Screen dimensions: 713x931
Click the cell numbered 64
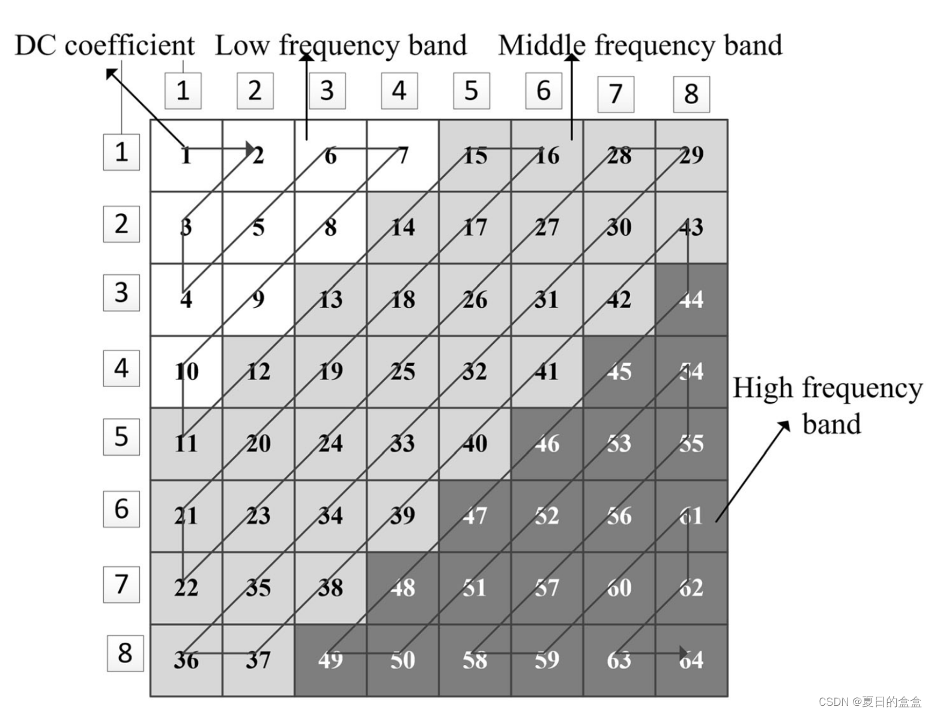coord(691,659)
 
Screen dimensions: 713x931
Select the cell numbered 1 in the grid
coord(186,156)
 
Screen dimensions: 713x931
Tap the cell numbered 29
coord(691,156)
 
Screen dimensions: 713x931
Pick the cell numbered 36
coord(186,659)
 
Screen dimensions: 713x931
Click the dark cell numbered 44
coord(691,299)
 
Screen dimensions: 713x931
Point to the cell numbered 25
coord(402,372)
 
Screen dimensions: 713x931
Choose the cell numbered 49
coord(330,659)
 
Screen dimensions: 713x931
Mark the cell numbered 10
coord(186,372)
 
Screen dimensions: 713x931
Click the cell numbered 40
coord(475,444)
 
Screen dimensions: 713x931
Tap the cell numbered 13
coord(330,299)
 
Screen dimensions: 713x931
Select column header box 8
coord(691,94)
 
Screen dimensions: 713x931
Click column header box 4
coord(399,91)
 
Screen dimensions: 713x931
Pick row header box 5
coord(121,437)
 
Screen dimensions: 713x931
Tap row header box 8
coord(125,653)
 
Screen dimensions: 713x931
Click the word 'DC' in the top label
coord(35,46)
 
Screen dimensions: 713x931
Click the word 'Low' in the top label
coord(242,46)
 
